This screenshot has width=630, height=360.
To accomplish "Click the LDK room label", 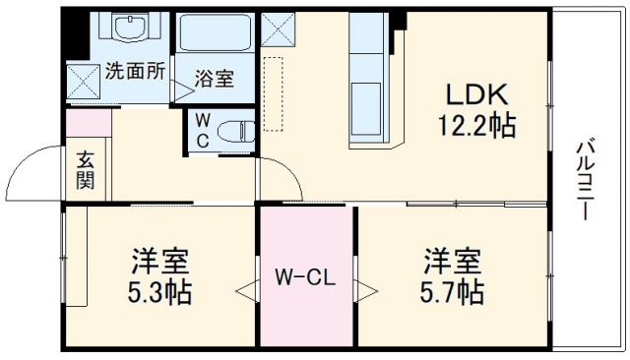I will pos(477,95).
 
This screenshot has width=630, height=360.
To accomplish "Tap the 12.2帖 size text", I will pos(477,125).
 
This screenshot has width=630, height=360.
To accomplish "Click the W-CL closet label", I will pos(305,279).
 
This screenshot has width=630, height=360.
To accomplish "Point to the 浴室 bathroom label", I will pos(214,79).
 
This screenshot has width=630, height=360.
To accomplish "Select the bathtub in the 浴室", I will pos(219,35).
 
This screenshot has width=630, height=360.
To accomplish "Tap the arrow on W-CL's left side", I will pos(245,291).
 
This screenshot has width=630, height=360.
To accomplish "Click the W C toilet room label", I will pos(201,130).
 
